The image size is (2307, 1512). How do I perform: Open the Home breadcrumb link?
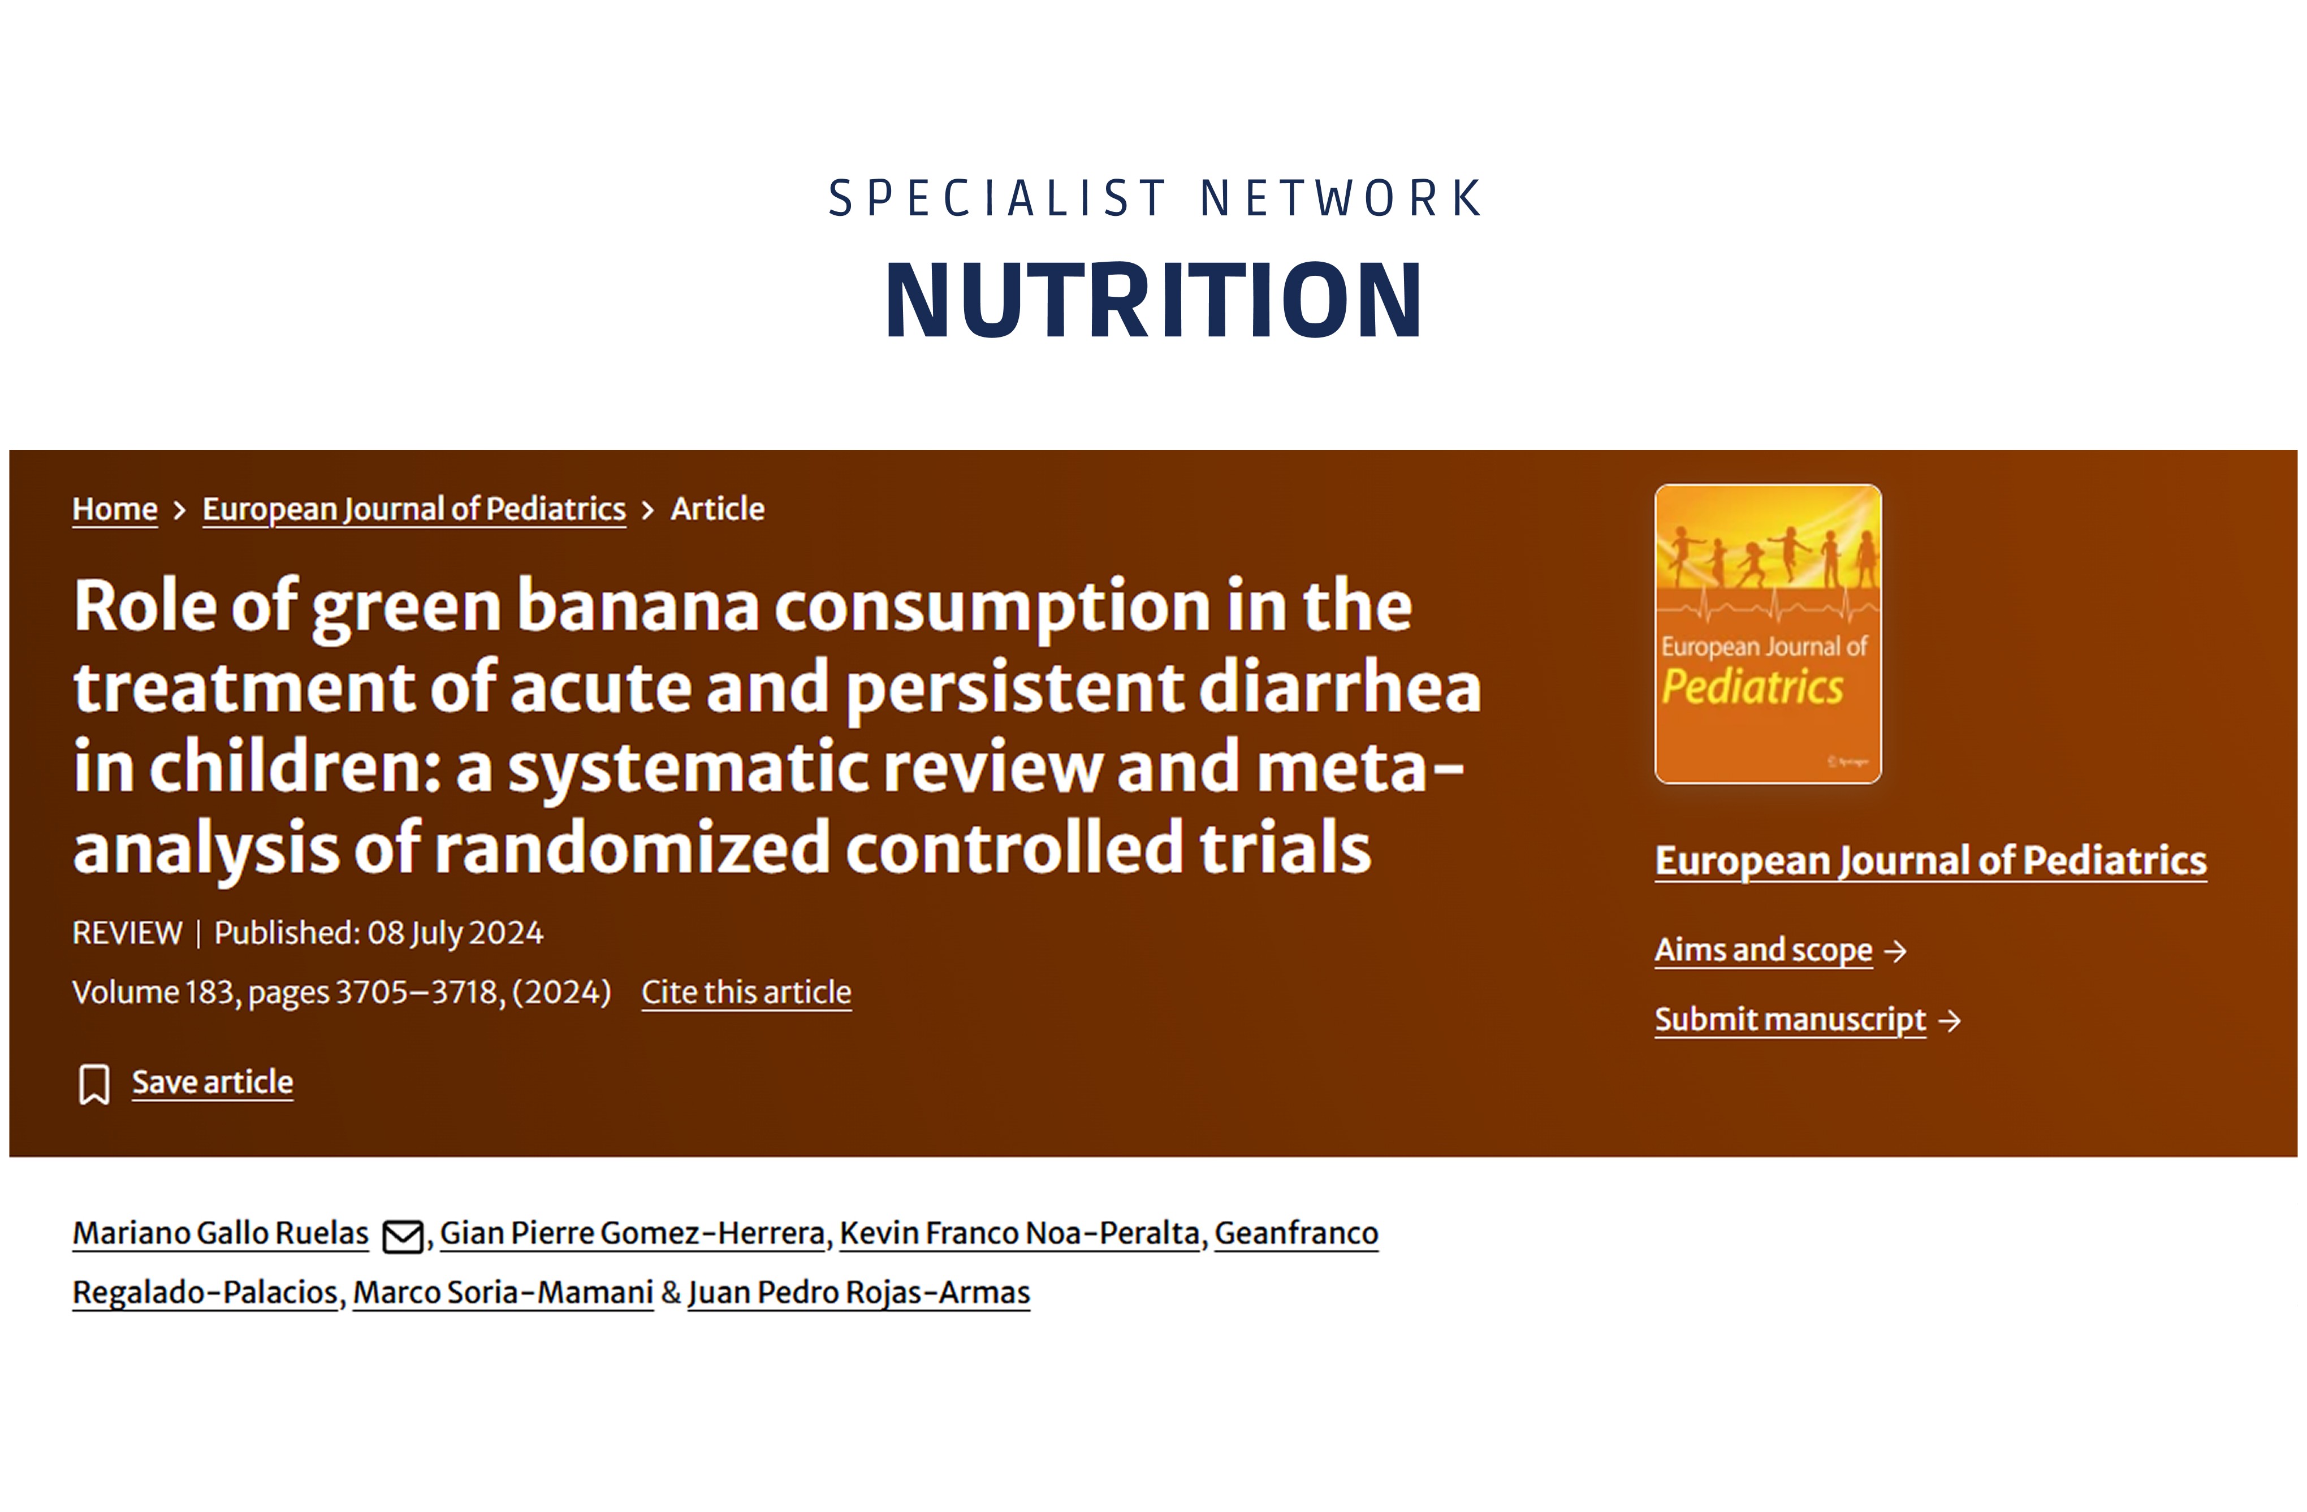[114, 509]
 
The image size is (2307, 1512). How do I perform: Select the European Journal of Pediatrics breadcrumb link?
[414, 509]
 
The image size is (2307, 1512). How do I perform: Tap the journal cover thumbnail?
[1768, 634]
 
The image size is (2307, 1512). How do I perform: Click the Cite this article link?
[746, 993]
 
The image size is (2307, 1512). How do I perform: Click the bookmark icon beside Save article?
[94, 1084]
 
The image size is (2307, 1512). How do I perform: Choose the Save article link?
[212, 1082]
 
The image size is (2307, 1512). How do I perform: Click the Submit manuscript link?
[1790, 1020]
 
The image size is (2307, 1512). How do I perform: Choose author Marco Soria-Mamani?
[503, 1293]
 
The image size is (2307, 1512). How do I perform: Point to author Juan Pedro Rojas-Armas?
[859, 1293]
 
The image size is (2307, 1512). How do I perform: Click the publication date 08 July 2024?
[456, 933]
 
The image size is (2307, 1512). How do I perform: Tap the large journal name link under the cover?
[1931, 861]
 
